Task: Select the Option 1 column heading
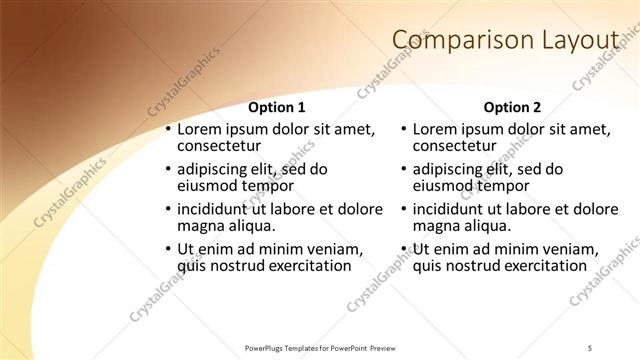click(x=276, y=107)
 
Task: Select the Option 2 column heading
click(x=511, y=107)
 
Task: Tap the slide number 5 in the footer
click(x=590, y=347)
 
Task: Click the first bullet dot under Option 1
click(x=168, y=130)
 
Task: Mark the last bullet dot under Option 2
click(x=403, y=249)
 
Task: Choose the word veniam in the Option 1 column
click(x=334, y=249)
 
